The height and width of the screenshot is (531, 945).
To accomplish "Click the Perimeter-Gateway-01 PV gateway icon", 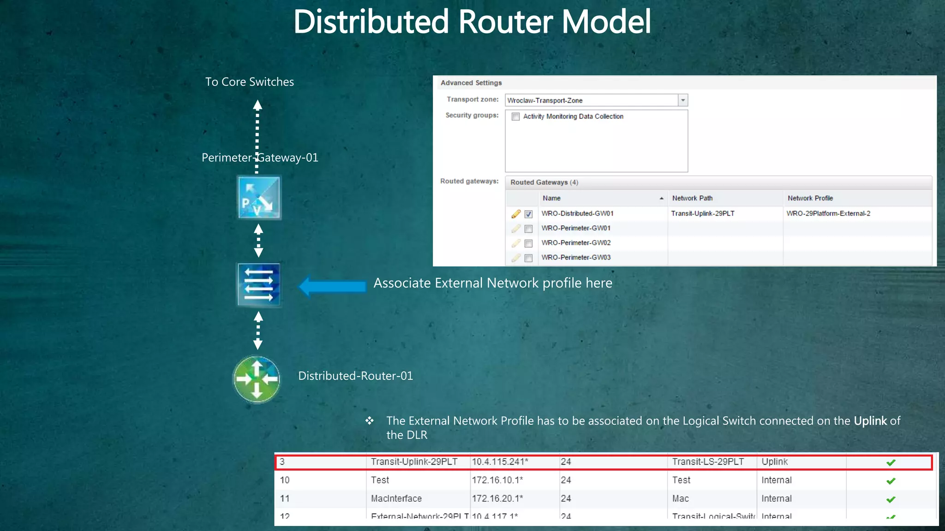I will click(x=259, y=198).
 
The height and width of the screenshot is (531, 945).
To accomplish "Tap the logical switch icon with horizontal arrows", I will click(x=259, y=284).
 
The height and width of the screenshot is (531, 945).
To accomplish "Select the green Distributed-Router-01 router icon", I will click(x=257, y=379).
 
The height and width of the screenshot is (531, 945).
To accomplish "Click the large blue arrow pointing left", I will click(x=332, y=286).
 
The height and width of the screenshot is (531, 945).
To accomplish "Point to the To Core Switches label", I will click(x=249, y=82).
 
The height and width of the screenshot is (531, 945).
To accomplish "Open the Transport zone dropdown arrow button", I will click(x=683, y=100).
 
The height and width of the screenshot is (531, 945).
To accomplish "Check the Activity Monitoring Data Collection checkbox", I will click(x=516, y=117).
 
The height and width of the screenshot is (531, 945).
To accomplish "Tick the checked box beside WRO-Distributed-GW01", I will click(x=529, y=214).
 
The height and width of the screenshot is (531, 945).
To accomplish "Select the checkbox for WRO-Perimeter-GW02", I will click(x=529, y=243).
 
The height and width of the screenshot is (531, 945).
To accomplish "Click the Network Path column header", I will click(x=692, y=198).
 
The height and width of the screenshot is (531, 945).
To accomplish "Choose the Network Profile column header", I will click(x=810, y=198).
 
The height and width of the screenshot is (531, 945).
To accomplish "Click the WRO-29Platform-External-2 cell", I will click(x=828, y=213).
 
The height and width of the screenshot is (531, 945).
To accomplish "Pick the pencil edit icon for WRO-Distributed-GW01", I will click(x=516, y=214).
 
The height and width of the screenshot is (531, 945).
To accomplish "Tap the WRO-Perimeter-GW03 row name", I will click(x=576, y=257).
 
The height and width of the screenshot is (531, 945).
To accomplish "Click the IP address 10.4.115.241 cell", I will click(x=500, y=462).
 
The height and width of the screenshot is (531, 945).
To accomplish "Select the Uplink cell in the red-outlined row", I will click(x=775, y=462).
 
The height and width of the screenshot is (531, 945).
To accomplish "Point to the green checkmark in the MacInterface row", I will click(x=891, y=499).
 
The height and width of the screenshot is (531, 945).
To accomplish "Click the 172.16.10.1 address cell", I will click(x=497, y=480).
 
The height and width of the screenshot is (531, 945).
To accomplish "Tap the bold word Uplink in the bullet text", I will click(x=870, y=421).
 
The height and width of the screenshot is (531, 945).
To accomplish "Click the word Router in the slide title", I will click(x=506, y=22).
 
